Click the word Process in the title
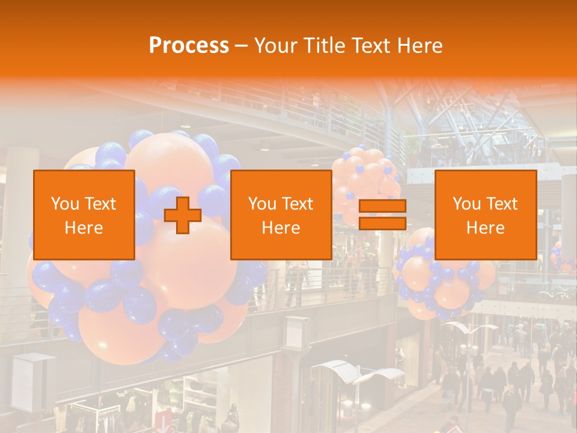pyautogui.click(x=189, y=46)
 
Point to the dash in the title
pyautogui.click(x=241, y=46)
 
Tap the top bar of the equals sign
pyautogui.click(x=382, y=206)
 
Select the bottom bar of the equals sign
pyautogui.click(x=382, y=223)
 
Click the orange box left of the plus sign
pyautogui.click(x=84, y=215)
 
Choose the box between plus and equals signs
pyautogui.click(x=281, y=215)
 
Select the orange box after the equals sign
pyautogui.click(x=486, y=215)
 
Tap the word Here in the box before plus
pyautogui.click(x=84, y=228)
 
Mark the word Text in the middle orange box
pyautogui.click(x=298, y=204)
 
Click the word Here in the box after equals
pyautogui.click(x=486, y=228)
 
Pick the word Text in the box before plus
pyautogui.click(x=100, y=204)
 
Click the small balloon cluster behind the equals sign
pyautogui.click(x=364, y=180)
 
